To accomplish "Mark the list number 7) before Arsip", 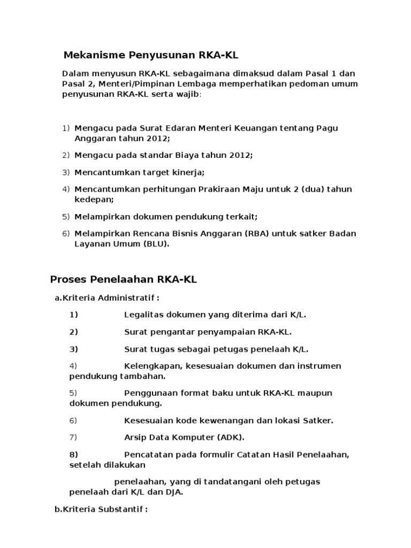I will tap(73, 437).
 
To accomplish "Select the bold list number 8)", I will tap(74, 454).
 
